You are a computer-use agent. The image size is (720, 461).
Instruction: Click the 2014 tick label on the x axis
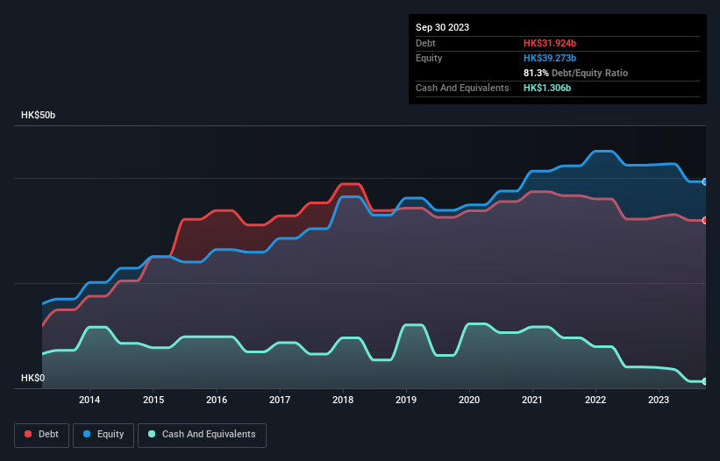(89, 401)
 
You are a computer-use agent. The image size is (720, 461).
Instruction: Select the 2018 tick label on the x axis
(343, 401)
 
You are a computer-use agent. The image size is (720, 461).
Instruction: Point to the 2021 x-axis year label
(532, 401)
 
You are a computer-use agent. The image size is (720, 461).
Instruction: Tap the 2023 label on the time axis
(659, 401)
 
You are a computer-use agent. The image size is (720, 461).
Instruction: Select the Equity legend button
(103, 434)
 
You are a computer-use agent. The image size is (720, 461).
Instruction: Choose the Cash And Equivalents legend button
(202, 434)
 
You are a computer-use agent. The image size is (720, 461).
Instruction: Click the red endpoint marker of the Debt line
(705, 220)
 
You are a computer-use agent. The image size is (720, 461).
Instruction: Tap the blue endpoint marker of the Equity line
(705, 181)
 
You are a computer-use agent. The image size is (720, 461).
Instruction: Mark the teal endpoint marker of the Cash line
(705, 381)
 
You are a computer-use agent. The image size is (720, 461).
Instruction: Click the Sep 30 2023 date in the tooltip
(442, 27)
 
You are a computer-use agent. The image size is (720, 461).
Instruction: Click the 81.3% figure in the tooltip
(536, 73)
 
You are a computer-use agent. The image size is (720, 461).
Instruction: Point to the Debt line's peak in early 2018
(350, 184)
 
